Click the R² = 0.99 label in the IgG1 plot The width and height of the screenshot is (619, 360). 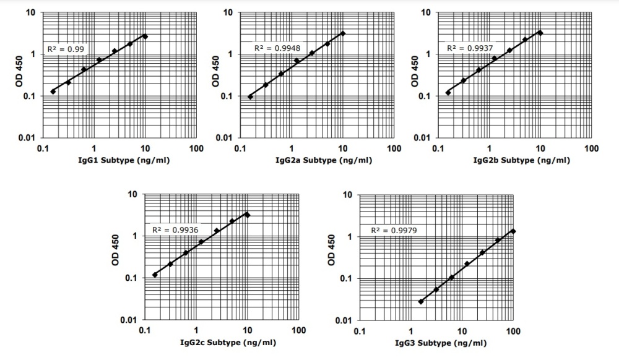coord(66,48)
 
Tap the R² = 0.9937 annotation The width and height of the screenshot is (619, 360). coord(468,48)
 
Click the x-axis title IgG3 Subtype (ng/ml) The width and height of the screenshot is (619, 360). coord(443,343)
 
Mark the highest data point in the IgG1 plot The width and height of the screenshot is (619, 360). coord(145,36)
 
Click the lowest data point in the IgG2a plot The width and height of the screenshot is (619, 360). coord(250,96)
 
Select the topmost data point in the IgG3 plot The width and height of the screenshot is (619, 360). coord(513,231)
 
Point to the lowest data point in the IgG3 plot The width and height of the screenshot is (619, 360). coord(421,302)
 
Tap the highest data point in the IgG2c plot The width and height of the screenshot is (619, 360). coord(248,215)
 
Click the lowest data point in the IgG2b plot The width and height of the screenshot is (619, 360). coord(448,93)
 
